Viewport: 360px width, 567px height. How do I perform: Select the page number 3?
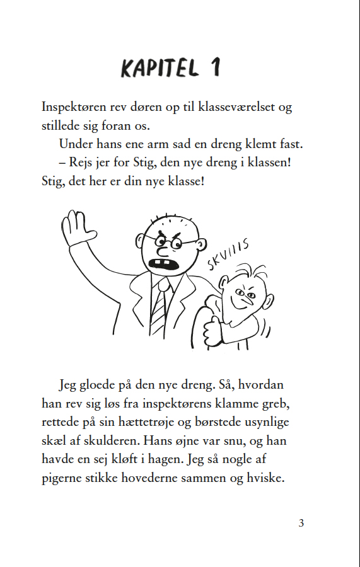tap(301, 523)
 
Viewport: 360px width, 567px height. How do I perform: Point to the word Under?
tap(76, 144)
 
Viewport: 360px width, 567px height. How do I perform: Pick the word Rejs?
tap(84, 163)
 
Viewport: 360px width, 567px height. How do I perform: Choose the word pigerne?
tap(64, 479)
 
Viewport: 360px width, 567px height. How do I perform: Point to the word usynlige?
tap(264, 422)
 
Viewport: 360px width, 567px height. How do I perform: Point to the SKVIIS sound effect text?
tap(228, 252)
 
